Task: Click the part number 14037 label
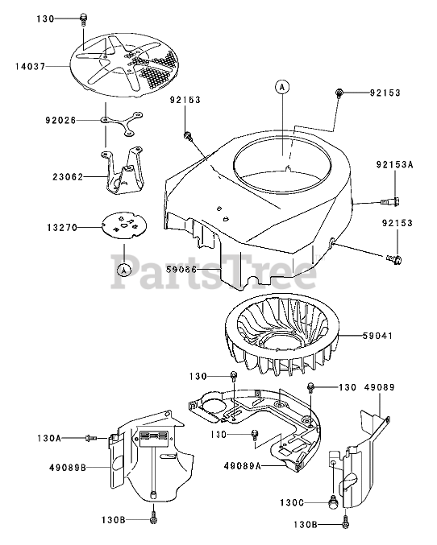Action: [x=31, y=66]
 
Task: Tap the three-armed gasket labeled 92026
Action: [x=122, y=123]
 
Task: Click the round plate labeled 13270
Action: [x=124, y=225]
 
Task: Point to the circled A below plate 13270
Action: [x=123, y=269]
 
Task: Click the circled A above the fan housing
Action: [x=282, y=87]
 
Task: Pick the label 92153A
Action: [x=394, y=164]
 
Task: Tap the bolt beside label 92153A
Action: [x=390, y=201]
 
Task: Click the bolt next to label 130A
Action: [x=91, y=438]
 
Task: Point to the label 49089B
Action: [x=68, y=468]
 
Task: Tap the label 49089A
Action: [x=243, y=466]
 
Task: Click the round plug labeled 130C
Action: [x=333, y=501]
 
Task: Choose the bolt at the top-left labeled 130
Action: [x=83, y=19]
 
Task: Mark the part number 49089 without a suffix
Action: [x=379, y=387]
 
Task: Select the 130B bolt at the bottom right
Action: [x=345, y=525]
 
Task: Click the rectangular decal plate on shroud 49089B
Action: [x=154, y=439]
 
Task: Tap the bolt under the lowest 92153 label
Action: [x=394, y=258]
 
